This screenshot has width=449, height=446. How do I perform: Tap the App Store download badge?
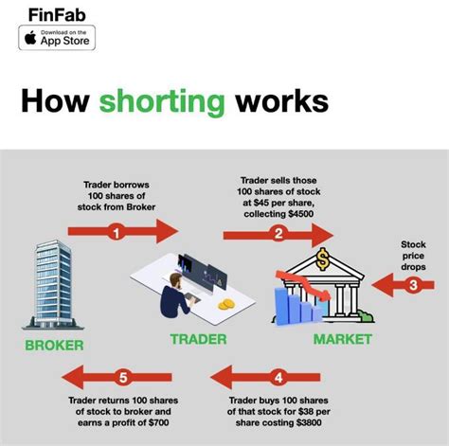point(56,39)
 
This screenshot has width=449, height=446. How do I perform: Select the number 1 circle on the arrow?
point(116,230)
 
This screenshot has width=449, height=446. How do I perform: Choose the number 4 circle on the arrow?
point(278,379)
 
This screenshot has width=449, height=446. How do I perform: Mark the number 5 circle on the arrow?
point(121,379)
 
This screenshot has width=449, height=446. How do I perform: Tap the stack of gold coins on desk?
point(225,305)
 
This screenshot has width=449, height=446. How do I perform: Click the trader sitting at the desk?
point(176,295)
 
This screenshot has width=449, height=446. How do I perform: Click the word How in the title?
point(55,103)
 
